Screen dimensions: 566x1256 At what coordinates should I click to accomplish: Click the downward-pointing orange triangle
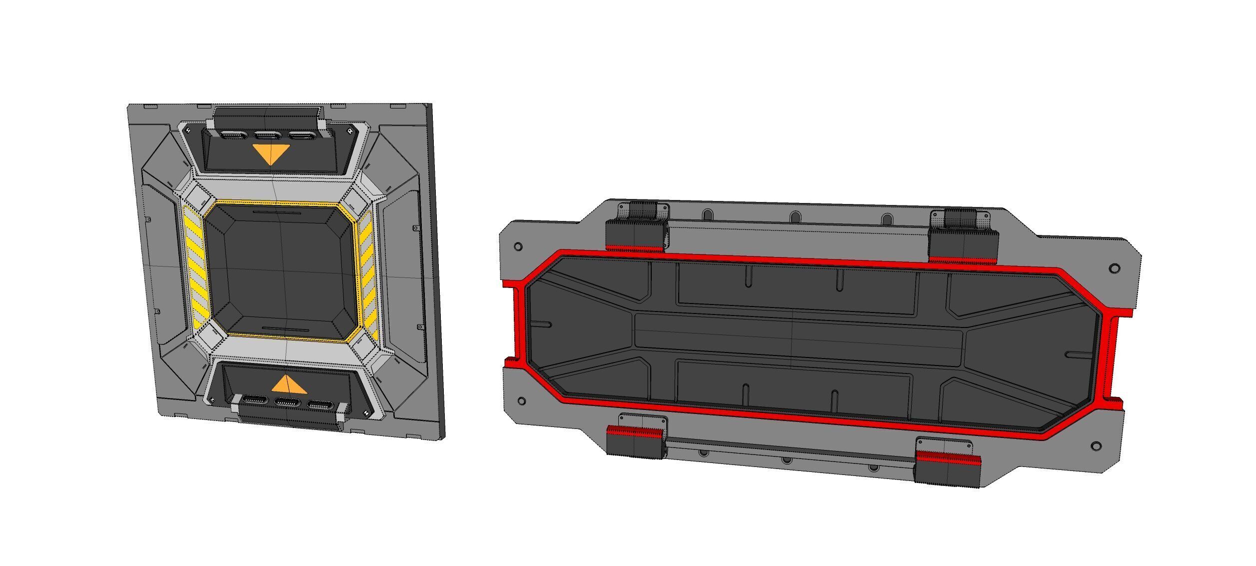pos(271,153)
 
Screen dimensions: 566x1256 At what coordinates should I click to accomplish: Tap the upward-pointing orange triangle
pos(288,384)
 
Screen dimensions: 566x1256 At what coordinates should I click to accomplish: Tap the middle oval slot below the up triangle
pos(287,402)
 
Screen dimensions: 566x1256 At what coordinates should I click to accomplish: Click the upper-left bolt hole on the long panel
pos(518,246)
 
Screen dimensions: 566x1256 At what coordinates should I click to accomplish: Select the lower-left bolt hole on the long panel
pos(522,400)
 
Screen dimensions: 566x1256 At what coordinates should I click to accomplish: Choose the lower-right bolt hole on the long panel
pos(1095,445)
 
